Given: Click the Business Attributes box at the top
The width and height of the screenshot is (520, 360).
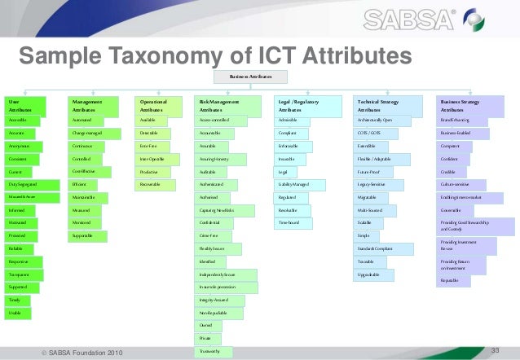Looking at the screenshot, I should (251, 77).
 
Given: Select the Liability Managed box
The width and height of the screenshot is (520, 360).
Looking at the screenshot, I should (305, 185).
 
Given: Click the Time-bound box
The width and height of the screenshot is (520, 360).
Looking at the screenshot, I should (305, 222).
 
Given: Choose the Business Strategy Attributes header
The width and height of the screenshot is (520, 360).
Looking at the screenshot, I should (469, 105).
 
